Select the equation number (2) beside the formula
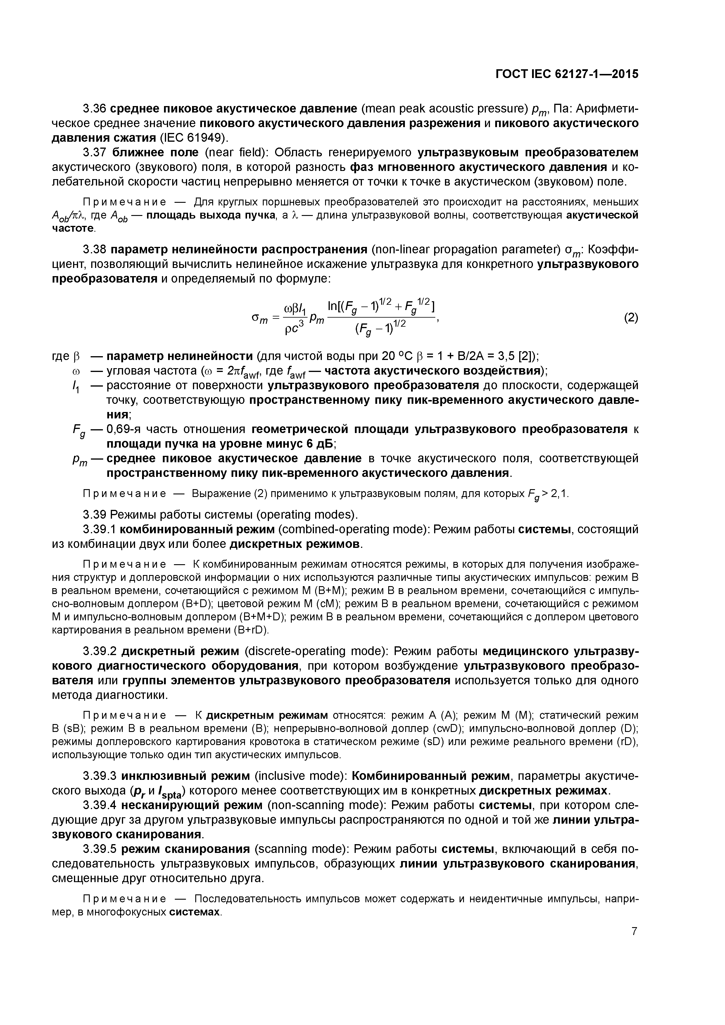(x=630, y=318)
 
